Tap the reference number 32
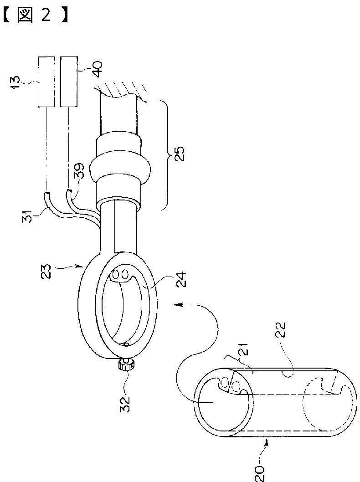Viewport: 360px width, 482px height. click(x=126, y=405)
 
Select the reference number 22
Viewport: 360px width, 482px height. click(x=281, y=329)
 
